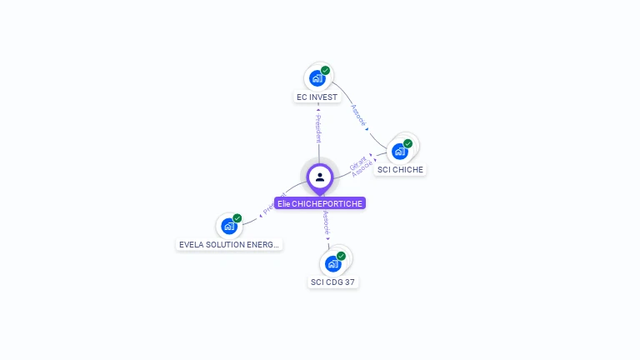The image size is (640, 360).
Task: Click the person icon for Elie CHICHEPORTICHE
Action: pos(320,177)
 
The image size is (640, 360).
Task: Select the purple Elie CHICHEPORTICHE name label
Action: pos(320,203)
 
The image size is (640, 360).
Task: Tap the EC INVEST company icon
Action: pos(317,78)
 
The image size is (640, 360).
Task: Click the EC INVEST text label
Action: pos(317,97)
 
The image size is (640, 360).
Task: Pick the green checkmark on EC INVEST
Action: pos(325,71)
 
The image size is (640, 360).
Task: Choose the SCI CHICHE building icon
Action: pos(400,151)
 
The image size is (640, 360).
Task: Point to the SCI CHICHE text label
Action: pos(400,170)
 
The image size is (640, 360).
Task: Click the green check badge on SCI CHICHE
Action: pos(407,143)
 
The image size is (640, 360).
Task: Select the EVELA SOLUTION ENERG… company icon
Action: pos(229,226)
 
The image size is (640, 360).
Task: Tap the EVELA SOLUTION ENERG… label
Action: pos(230,245)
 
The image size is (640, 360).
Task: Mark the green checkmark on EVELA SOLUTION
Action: pos(237,218)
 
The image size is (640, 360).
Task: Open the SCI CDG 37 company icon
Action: pos(333,263)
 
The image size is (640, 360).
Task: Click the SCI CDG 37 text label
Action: pos(333,282)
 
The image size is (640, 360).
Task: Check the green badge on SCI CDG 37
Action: pos(341,256)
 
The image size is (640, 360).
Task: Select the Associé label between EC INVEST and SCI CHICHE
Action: pos(358,114)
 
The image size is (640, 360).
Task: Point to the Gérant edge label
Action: pos(357,160)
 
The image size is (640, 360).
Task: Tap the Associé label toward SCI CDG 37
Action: pos(326,222)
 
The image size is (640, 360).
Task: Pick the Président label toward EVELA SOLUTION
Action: pos(272,204)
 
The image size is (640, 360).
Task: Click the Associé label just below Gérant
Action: pos(362,167)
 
